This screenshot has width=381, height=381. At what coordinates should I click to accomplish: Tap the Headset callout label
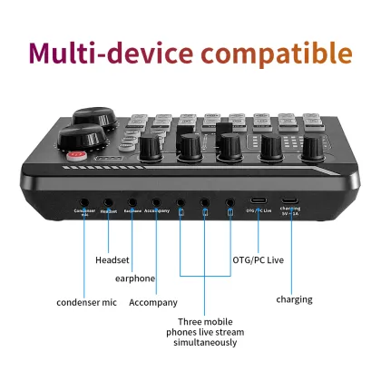[x=112, y=260]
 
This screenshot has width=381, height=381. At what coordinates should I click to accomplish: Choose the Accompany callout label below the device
[x=153, y=302]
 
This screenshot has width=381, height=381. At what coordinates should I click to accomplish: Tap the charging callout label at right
[x=294, y=299]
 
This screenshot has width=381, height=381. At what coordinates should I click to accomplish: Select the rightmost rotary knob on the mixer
[x=313, y=145]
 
